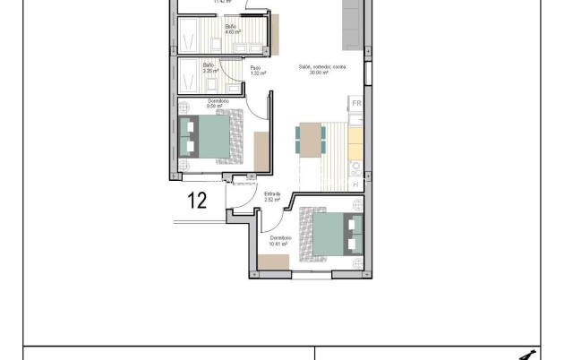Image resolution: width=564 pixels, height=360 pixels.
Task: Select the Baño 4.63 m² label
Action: point(231,30)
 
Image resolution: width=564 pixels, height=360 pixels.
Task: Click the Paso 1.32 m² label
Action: point(255,70)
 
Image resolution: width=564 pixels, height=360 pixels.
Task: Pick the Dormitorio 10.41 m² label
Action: point(280,239)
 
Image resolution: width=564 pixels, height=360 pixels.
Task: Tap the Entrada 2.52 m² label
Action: point(273,196)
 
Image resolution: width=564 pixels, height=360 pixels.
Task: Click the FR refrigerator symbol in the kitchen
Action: point(355,105)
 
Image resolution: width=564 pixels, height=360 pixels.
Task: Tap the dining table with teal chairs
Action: point(311,141)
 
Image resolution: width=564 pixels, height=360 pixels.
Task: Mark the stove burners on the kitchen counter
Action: point(355,167)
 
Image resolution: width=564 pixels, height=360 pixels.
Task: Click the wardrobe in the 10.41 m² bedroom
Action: point(273,262)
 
